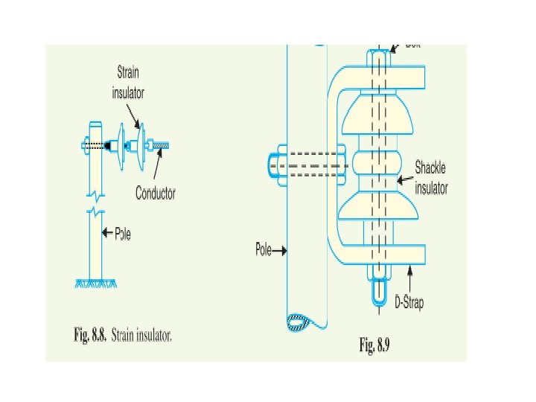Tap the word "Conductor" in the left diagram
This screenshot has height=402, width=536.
[x=156, y=194]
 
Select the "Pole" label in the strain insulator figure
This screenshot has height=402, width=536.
[x=123, y=234]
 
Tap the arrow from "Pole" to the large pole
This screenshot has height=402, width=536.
[x=280, y=251]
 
